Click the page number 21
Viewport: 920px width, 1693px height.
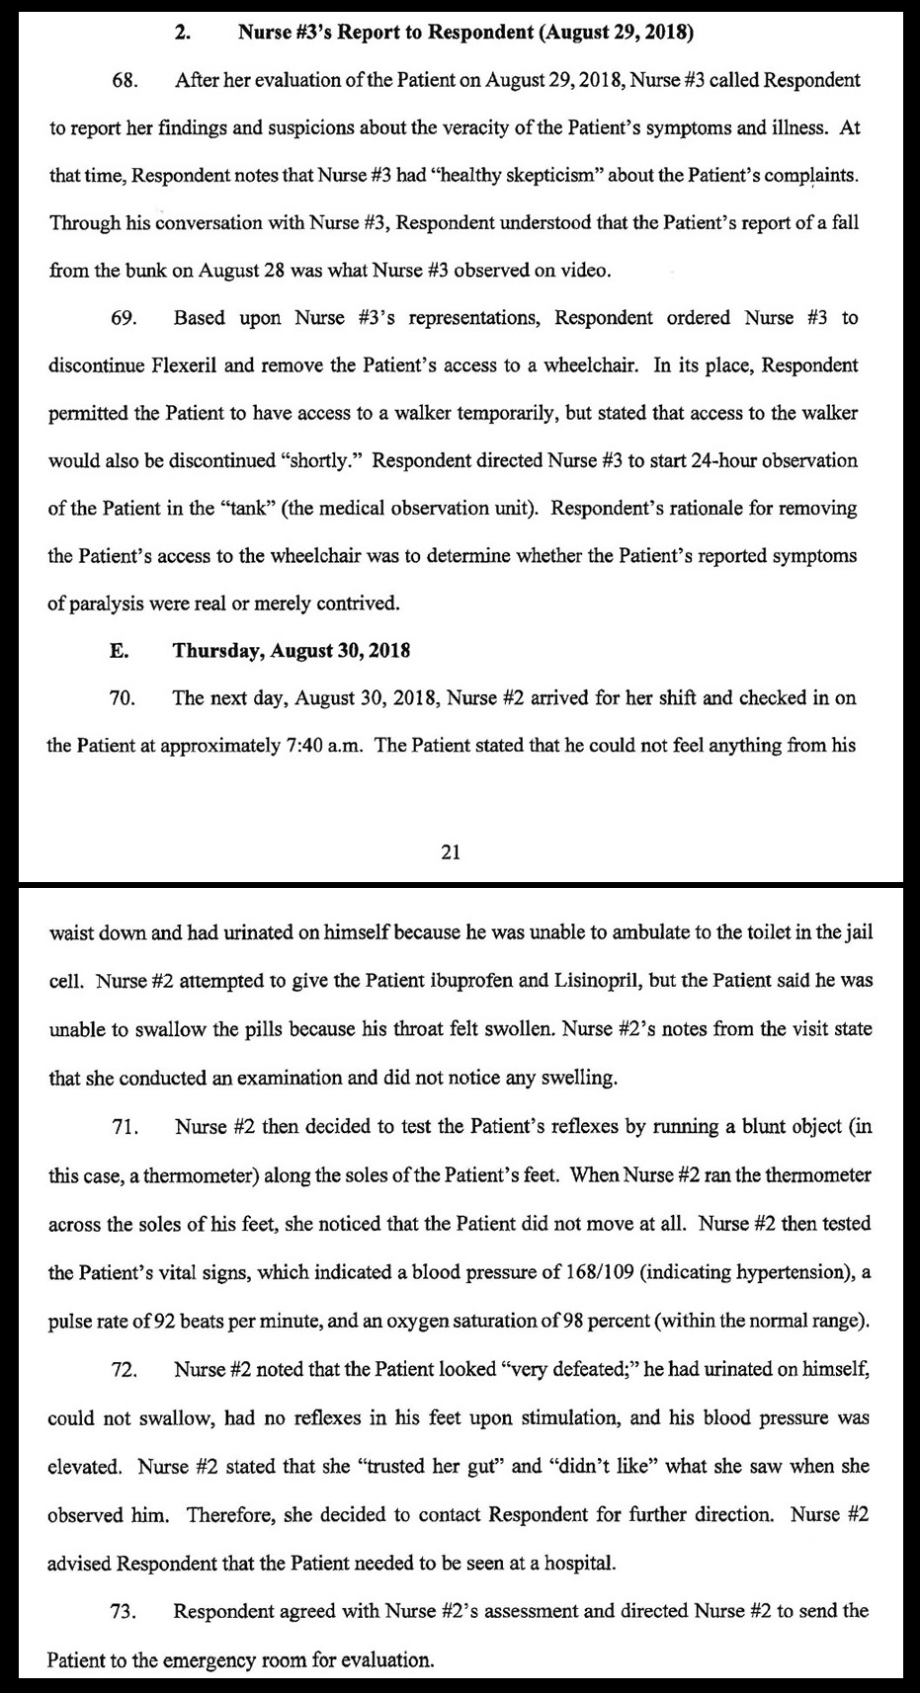450,852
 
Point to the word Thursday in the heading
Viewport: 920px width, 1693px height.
214,650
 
